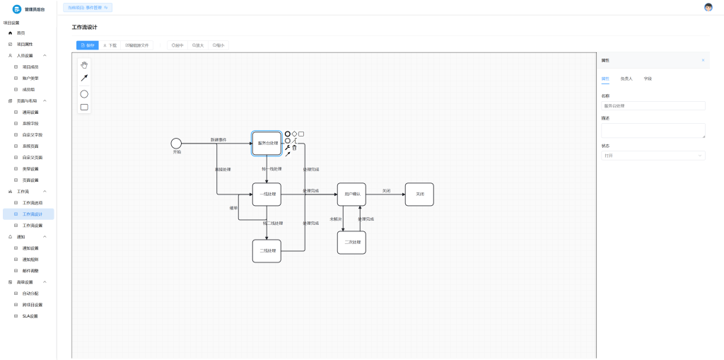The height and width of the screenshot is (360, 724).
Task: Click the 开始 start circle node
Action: click(x=176, y=144)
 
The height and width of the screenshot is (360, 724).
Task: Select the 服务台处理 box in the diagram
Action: click(x=267, y=144)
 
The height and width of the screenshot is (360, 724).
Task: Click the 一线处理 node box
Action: click(x=267, y=194)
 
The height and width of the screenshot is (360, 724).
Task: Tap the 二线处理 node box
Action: click(x=267, y=251)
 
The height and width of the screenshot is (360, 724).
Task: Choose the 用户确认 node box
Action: click(x=351, y=194)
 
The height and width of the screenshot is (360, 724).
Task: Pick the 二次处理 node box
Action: click(x=351, y=243)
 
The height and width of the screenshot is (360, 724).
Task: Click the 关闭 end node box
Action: click(x=419, y=194)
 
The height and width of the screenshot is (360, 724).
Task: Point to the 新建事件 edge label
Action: click(x=218, y=140)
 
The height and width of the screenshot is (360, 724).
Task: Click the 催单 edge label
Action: click(x=233, y=208)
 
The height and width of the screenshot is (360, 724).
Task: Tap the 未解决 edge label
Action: click(x=336, y=219)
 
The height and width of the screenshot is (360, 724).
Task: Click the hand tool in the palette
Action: click(x=84, y=64)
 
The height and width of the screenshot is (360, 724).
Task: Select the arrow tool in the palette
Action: click(x=84, y=79)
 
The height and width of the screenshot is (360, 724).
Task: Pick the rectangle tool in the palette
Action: click(x=84, y=108)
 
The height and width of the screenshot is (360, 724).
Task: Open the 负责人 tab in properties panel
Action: click(x=626, y=79)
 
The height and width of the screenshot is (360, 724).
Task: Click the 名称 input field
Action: click(x=653, y=106)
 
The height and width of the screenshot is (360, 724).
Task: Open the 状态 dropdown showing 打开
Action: click(x=653, y=156)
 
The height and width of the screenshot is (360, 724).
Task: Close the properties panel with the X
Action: click(x=703, y=60)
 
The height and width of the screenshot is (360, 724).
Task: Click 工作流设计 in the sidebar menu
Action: click(x=33, y=214)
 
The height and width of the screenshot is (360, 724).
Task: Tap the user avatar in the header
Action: click(x=708, y=7)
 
